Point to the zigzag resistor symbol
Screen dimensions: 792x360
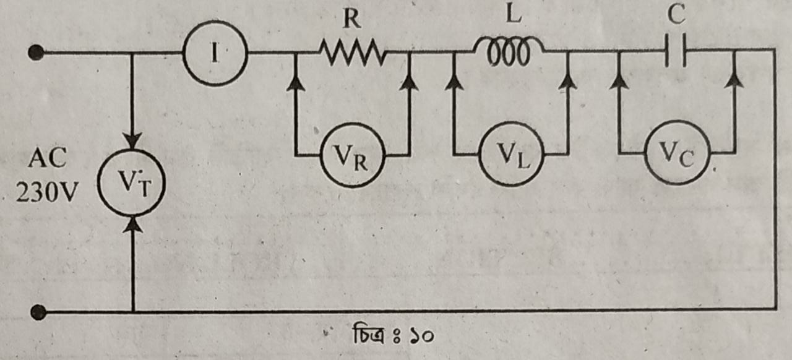[x=352, y=53]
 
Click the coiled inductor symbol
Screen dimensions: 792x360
[x=509, y=51]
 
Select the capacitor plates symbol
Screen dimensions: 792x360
[x=676, y=50]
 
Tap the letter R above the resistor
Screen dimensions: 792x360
[x=352, y=19]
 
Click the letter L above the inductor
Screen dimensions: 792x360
[x=514, y=14]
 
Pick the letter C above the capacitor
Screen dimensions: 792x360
[x=676, y=15]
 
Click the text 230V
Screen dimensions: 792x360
[x=46, y=192]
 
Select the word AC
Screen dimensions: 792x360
[x=48, y=158]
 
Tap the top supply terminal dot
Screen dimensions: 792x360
[x=36, y=53]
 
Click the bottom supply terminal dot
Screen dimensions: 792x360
[x=38, y=312]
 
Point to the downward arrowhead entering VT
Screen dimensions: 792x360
[x=132, y=140]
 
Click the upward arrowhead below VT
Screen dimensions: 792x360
[x=132, y=225]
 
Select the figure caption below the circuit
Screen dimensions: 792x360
[x=393, y=334]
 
